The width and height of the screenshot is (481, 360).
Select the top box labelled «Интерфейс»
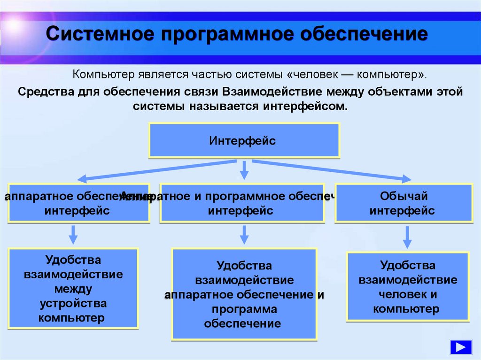point(244,140)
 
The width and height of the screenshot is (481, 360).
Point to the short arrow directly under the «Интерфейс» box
point(244,170)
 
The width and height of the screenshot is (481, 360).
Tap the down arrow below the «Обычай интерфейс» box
point(407,237)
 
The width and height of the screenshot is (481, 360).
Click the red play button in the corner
point(460,347)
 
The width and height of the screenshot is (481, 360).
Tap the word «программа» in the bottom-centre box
point(244,309)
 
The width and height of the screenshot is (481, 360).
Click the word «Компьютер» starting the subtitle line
point(104,75)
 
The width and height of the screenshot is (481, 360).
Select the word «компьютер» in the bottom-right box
point(406,309)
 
